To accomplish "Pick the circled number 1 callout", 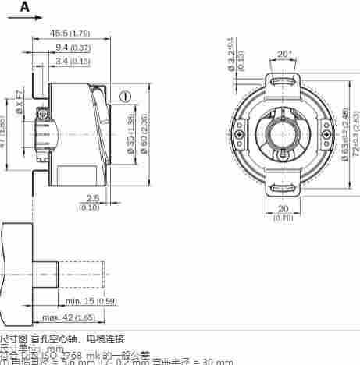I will [124, 97].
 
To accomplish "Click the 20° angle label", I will [283, 55].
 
